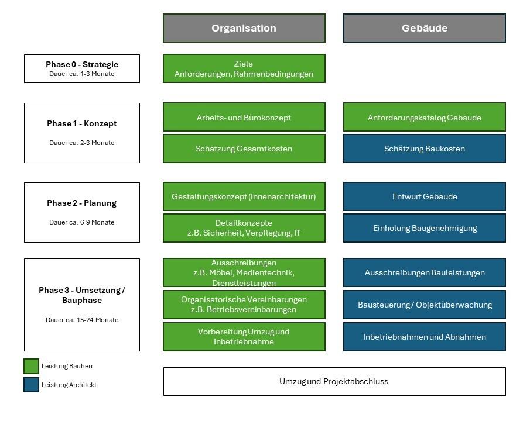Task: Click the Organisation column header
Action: [244, 28]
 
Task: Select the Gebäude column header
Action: [424, 28]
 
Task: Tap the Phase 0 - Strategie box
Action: [82, 68]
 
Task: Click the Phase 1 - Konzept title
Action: [82, 123]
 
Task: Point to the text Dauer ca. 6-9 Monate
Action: [82, 222]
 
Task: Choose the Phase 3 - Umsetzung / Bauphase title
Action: [82, 295]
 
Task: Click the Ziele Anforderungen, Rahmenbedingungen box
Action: [244, 68]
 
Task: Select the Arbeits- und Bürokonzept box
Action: [244, 118]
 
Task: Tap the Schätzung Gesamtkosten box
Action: [244, 149]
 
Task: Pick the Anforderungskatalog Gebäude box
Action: [424, 118]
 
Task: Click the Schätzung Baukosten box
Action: [424, 149]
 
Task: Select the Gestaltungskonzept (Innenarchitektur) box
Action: [244, 196]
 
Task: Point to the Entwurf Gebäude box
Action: [424, 196]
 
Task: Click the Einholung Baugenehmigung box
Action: [424, 228]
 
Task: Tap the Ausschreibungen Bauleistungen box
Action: [424, 272]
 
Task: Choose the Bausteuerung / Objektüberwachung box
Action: [424, 305]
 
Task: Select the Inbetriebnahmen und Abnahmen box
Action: [424, 337]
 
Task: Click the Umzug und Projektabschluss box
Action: [334, 381]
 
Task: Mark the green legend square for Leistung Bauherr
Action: [31, 366]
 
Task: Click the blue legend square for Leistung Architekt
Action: [31, 385]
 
